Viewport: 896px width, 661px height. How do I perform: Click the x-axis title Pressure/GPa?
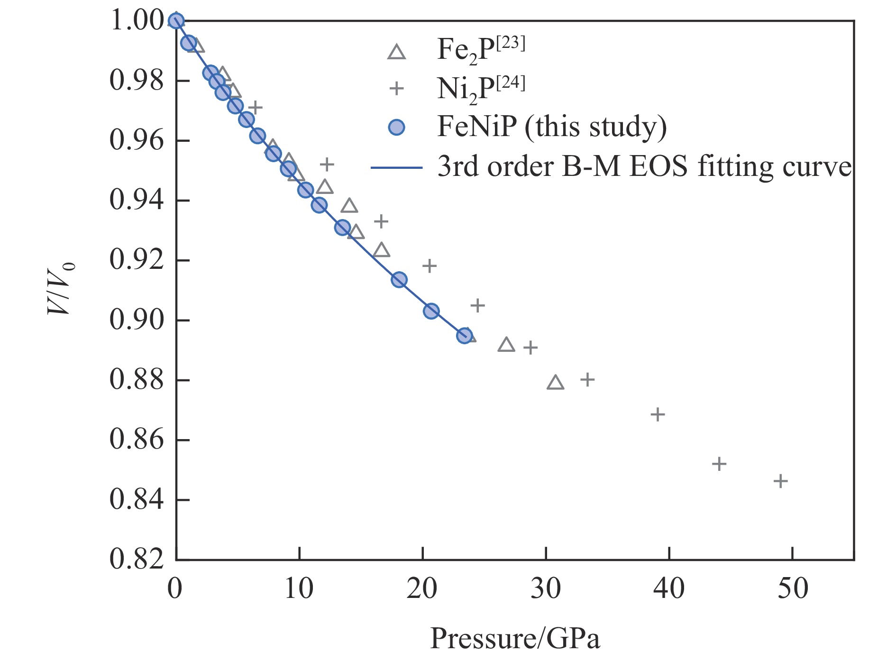[515, 638]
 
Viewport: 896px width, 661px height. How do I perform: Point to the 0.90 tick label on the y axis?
[137, 320]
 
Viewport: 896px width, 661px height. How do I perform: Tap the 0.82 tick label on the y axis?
[137, 559]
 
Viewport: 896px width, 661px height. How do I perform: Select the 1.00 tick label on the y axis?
[137, 21]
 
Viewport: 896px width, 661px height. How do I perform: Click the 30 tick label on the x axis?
[546, 589]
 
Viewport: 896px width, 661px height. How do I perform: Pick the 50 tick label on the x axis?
[793, 589]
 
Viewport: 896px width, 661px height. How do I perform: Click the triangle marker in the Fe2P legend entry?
[396, 52]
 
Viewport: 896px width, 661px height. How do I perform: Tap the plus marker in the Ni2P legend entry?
[396, 88]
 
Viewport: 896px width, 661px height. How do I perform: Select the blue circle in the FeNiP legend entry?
[396, 127]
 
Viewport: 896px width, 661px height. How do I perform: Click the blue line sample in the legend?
[396, 167]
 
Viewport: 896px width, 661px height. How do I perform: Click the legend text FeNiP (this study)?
[551, 127]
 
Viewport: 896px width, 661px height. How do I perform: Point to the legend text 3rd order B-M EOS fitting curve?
[644, 167]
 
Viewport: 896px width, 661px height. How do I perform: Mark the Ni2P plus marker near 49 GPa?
[780, 481]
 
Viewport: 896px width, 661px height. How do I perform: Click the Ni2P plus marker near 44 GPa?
[719, 463]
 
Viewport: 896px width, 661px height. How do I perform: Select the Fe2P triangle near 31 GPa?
[555, 383]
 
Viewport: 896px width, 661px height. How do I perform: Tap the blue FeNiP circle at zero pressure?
[176, 21]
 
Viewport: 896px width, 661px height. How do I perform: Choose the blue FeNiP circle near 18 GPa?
[399, 280]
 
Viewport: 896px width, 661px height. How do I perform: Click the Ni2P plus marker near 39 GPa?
[658, 414]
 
